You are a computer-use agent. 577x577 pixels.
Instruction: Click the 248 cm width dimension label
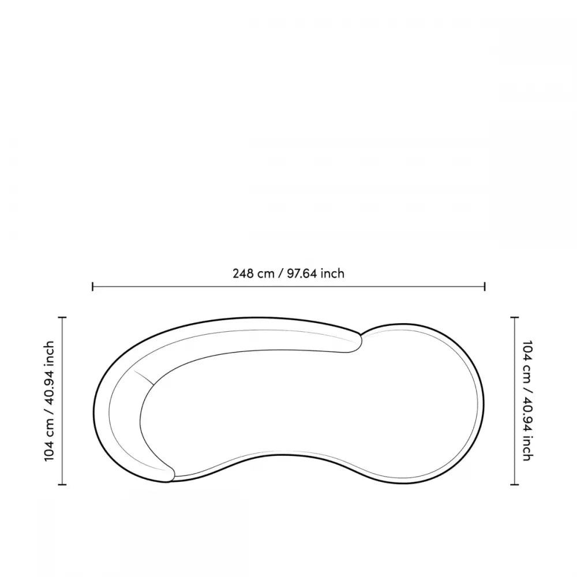pos(288,273)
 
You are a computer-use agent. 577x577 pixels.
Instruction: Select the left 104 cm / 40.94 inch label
pos(49,401)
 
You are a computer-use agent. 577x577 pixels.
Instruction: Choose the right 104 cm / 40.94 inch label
pos(527,401)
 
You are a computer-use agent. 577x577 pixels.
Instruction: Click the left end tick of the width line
pos(93,286)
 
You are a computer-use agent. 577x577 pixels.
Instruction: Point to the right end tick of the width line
pos(485,286)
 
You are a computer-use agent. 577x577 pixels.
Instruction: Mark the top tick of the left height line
pos(62,317)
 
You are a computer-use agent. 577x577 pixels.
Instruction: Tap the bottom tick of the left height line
pos(62,485)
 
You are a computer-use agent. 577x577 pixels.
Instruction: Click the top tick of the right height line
pos(515,317)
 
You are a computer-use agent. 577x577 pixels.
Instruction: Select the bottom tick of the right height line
pos(515,485)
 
